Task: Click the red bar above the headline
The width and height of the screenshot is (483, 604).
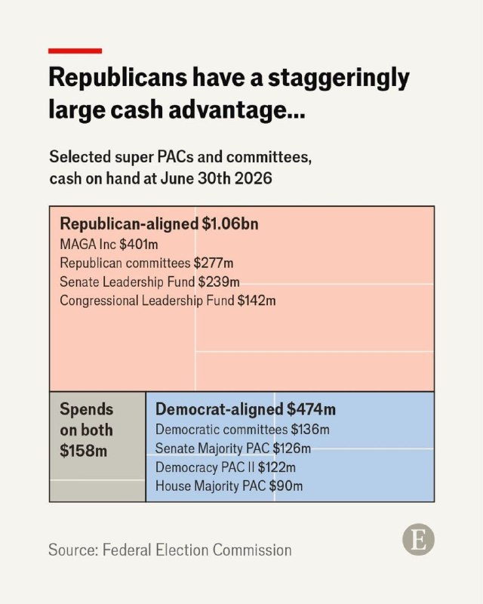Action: tap(75, 51)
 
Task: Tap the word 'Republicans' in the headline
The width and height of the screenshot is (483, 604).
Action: tap(118, 78)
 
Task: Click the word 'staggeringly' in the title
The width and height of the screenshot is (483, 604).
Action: tap(339, 79)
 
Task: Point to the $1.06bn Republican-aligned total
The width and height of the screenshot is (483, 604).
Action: tap(230, 223)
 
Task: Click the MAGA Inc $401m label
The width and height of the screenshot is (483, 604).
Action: tap(109, 244)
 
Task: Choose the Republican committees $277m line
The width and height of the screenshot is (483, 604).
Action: tap(146, 263)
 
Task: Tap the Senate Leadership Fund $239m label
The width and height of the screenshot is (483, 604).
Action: tap(149, 282)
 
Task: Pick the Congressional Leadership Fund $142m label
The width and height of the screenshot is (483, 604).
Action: tap(168, 300)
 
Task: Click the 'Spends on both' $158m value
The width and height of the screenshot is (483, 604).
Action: tap(84, 451)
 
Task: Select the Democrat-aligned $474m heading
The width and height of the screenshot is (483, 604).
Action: tap(245, 409)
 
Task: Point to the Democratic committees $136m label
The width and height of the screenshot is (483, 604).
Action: tap(242, 430)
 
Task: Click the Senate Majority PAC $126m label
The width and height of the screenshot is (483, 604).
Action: tap(233, 448)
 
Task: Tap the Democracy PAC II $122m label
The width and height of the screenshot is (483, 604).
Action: tap(226, 467)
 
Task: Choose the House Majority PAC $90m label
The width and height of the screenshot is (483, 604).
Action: tap(229, 486)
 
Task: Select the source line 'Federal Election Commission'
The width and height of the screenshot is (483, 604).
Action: tap(197, 550)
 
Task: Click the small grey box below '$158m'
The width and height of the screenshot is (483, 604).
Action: tap(97, 491)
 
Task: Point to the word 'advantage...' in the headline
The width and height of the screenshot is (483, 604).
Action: tap(237, 110)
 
